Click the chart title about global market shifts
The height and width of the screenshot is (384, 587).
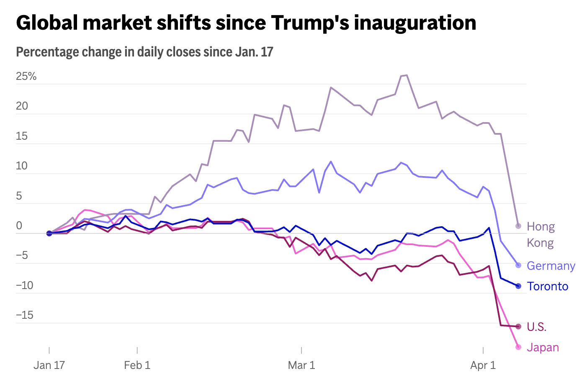tap(246, 23)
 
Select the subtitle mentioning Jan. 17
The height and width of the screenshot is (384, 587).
tap(144, 52)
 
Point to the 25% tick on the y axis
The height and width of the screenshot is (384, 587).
tap(26, 76)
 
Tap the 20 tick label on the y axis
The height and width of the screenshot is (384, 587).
tap(22, 106)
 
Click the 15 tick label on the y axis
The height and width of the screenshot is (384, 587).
tap(22, 136)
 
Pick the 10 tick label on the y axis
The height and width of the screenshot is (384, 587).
tap(22, 166)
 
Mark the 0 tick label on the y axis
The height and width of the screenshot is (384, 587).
tap(19, 226)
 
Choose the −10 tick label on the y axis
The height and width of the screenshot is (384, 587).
tap(24, 286)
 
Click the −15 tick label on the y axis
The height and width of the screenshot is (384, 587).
tap(24, 315)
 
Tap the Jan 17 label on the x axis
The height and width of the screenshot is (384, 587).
tap(49, 365)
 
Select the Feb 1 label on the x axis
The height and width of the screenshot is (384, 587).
tap(137, 365)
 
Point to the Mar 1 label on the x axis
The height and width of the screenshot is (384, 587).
tap(301, 365)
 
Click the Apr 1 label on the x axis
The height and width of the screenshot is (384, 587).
tap(483, 365)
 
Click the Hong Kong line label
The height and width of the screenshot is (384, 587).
tap(541, 235)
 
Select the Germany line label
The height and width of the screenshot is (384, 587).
tap(551, 266)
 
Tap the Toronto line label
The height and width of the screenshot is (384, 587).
tap(547, 286)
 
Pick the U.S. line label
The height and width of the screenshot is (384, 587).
tap(536, 327)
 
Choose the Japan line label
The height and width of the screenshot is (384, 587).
tap(543, 347)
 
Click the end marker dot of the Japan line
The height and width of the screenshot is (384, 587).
tap(518, 347)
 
